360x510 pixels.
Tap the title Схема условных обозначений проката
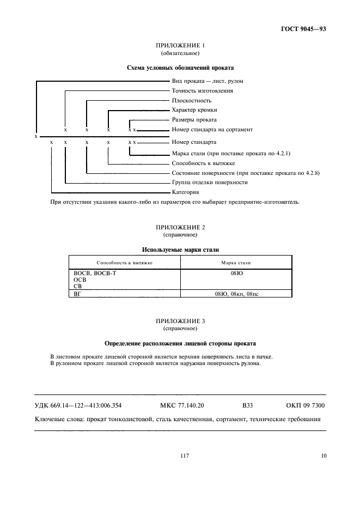[x=180, y=68]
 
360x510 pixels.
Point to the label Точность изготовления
[x=202, y=91]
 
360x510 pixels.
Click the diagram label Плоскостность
[x=191, y=101]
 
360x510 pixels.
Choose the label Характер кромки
[x=194, y=110]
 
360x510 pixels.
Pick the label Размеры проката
[x=194, y=120]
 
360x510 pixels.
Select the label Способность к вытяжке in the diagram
[x=203, y=163]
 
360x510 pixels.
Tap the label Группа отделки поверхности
[x=209, y=182]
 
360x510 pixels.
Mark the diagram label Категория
[x=185, y=192]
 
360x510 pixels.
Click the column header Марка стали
[x=236, y=262]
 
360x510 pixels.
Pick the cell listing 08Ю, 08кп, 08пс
[x=236, y=294]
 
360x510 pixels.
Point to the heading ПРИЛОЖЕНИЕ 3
[x=180, y=321]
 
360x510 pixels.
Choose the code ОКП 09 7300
[x=306, y=406]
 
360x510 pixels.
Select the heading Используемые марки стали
[x=180, y=250]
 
